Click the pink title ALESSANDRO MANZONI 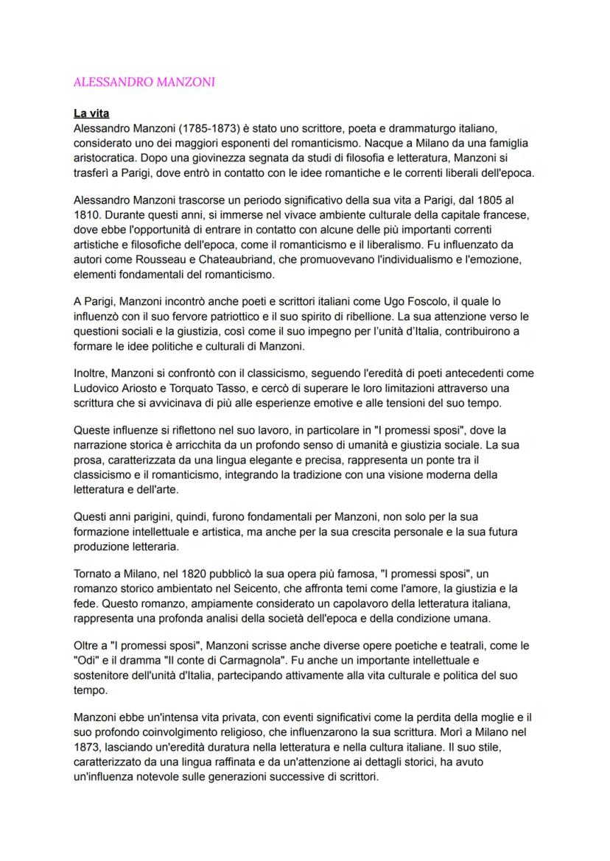144,82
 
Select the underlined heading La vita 91,114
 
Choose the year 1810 87,215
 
